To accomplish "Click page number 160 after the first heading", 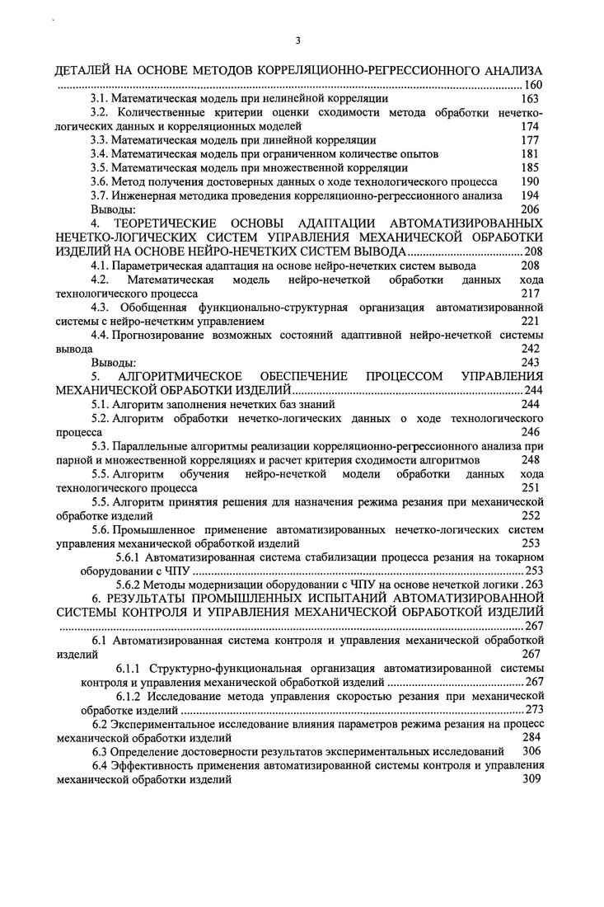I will [x=533, y=86].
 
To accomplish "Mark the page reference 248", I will [x=531, y=459].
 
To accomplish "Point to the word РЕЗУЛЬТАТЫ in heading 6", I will [x=143, y=599].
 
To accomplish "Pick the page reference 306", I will [x=531, y=751].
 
